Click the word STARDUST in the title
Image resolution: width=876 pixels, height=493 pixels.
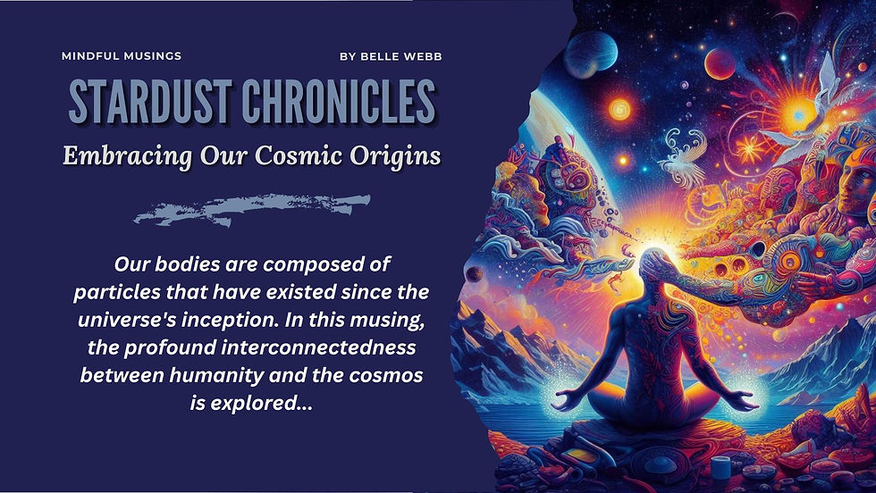point(150,102)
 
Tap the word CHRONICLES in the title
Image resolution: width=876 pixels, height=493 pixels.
point(339,102)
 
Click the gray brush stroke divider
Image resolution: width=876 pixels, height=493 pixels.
point(252,210)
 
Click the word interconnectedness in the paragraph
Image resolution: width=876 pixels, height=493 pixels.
point(318,347)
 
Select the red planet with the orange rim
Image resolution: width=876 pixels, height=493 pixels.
point(720,63)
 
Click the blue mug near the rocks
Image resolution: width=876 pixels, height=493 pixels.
point(720,467)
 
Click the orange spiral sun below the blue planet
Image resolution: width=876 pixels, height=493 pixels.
point(619,110)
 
